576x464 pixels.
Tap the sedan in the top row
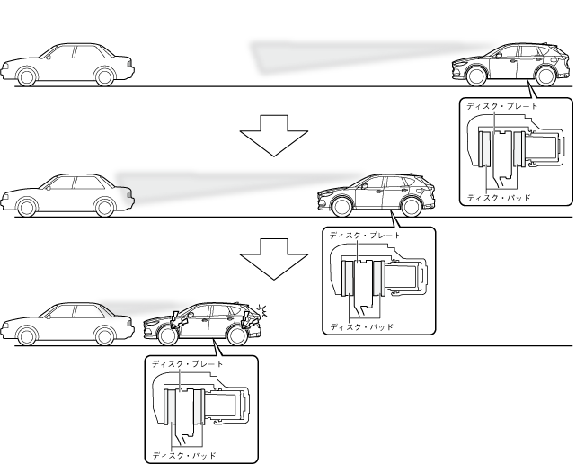[68, 65]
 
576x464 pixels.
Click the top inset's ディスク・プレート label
[502, 106]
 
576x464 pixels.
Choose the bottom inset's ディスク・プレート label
[188, 364]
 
